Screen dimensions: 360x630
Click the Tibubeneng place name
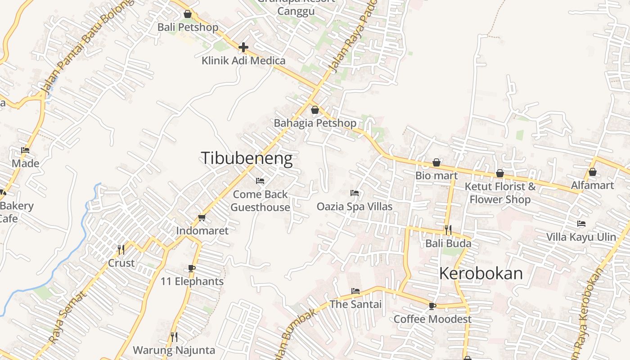click(247, 158)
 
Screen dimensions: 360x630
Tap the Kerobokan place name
click(481, 274)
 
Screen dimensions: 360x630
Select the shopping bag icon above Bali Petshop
click(188, 14)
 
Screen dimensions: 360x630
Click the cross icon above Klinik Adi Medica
click(243, 47)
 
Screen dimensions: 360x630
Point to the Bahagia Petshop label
click(315, 123)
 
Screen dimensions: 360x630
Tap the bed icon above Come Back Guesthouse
click(260, 181)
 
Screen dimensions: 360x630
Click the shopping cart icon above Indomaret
click(202, 218)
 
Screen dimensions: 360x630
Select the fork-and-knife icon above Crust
click(121, 249)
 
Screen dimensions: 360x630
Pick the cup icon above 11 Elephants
click(192, 269)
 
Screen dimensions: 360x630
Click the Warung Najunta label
click(174, 350)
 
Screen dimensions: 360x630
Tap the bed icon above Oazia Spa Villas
click(355, 193)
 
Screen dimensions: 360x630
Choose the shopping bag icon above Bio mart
click(436, 162)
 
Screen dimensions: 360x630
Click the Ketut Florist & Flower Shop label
click(500, 193)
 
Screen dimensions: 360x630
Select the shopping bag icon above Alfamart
click(593, 172)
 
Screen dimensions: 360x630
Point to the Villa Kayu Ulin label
click(581, 237)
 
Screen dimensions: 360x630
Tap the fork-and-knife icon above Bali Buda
click(448, 230)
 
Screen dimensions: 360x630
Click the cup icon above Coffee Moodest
click(432, 306)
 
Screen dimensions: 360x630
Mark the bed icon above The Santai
click(355, 291)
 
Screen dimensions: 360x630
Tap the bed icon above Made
click(25, 150)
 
